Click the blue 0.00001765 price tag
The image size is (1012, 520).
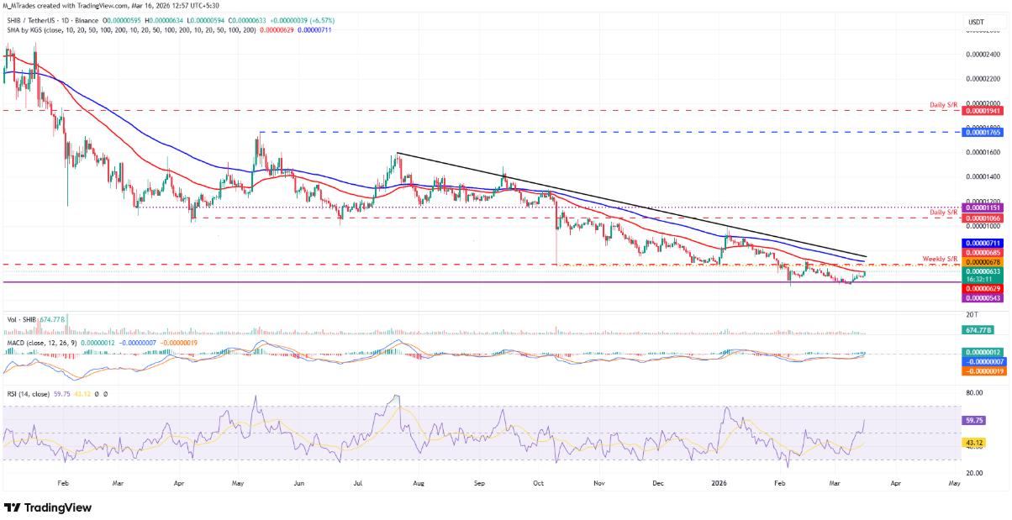(983, 132)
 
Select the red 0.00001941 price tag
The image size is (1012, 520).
(983, 111)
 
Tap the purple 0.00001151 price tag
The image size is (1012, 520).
(983, 207)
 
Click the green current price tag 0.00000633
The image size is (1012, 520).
(983, 271)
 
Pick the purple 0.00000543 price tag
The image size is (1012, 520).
(983, 298)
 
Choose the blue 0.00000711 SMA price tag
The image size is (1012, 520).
(983, 243)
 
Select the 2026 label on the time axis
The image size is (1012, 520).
(719, 485)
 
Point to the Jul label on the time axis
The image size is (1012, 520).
(358, 485)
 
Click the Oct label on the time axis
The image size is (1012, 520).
(539, 485)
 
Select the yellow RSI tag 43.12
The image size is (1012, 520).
(974, 443)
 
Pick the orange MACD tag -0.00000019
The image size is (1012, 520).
(983, 370)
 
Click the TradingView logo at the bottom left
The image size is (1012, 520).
(48, 507)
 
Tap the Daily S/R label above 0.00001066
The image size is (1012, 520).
(943, 213)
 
